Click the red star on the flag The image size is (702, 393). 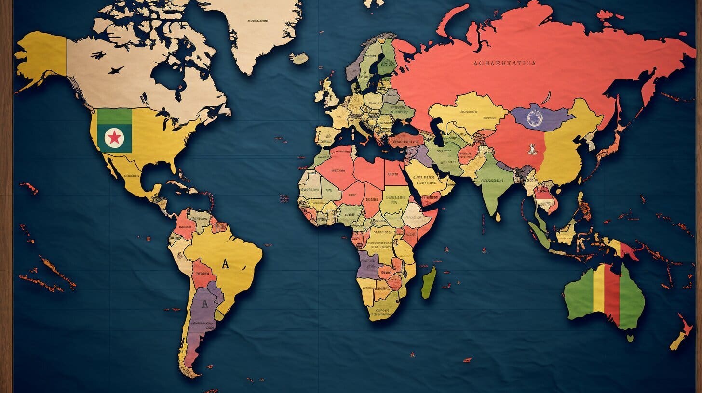[x=114, y=138]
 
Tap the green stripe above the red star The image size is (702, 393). [x=114, y=116]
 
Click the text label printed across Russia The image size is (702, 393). [x=504, y=63]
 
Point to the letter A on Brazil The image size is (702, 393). [x=225, y=263]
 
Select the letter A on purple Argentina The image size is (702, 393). [x=204, y=303]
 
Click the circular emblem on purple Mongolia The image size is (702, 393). [x=534, y=118]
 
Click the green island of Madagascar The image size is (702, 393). [x=429, y=283]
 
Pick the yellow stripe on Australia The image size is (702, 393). [x=598, y=294]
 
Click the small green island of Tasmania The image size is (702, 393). [x=630, y=338]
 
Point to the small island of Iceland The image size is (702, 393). [x=299, y=58]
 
